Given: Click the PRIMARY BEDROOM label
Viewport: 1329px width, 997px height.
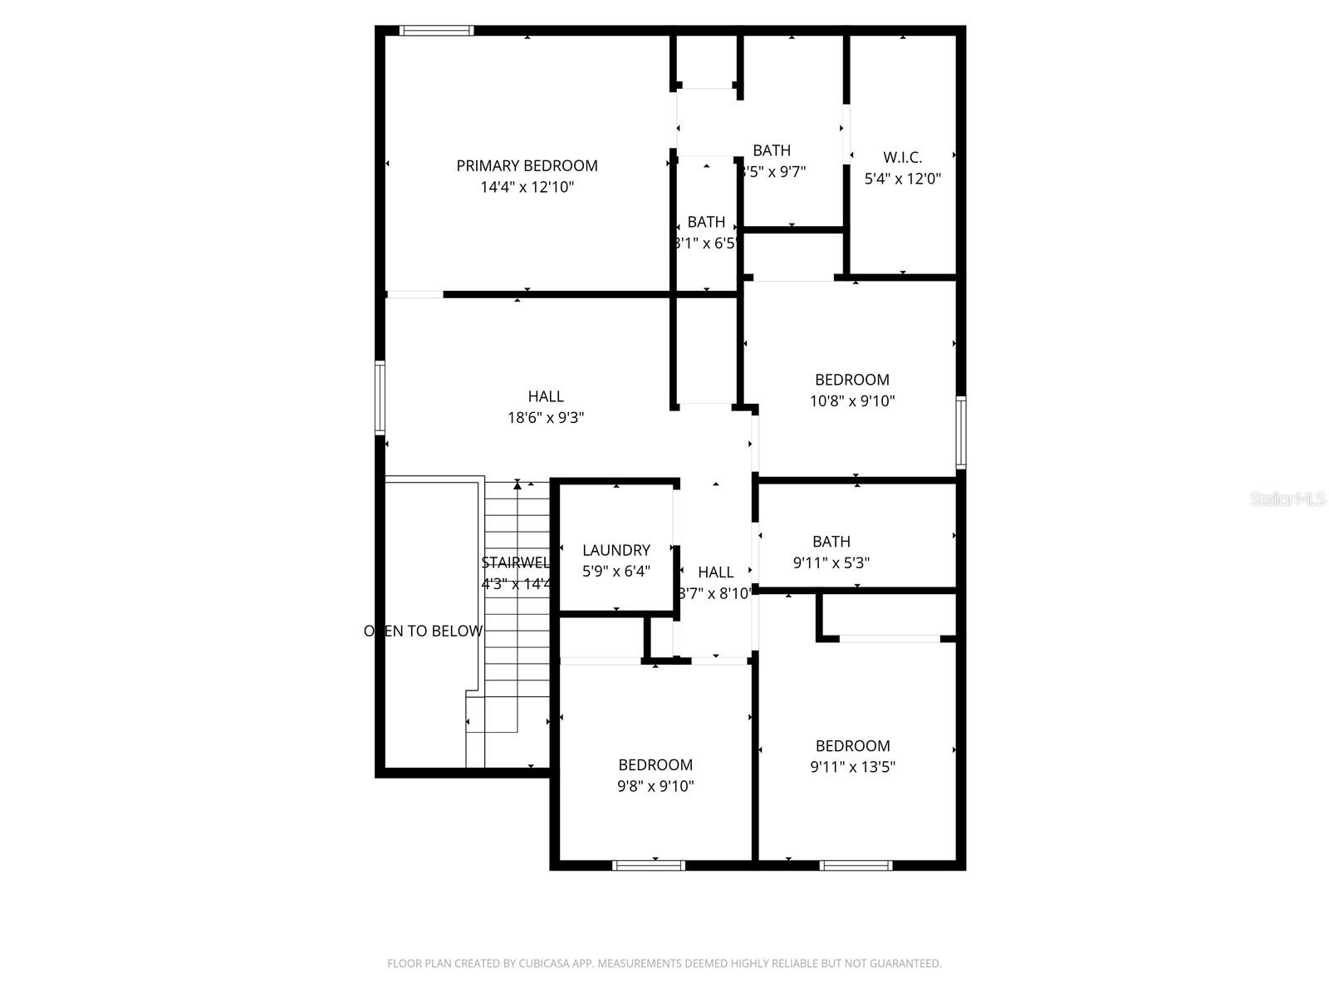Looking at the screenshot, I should [527, 165].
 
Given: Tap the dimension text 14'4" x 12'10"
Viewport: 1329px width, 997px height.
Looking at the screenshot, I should [527, 188].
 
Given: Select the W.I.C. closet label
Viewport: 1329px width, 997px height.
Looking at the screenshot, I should [902, 157].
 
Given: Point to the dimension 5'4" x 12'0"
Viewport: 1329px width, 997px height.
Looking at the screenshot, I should [902, 179].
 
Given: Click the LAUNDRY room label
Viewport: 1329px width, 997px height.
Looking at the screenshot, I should [615, 550].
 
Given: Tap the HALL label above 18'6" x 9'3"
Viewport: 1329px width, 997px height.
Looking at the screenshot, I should [546, 396].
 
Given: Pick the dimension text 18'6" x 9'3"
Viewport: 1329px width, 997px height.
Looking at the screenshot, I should [546, 418].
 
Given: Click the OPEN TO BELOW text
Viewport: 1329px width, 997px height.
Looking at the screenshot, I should [424, 631].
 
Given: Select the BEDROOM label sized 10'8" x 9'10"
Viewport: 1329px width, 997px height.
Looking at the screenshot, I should [851, 380].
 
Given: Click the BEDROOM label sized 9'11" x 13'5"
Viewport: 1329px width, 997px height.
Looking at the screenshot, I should [852, 746].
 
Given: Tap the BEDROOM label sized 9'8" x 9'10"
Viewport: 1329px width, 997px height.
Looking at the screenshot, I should [655, 765].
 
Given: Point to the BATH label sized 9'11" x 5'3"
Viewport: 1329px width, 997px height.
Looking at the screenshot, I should [831, 542].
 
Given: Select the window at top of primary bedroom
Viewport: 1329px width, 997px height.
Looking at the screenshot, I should [436, 31].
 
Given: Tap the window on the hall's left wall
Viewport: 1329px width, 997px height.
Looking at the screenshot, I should [380, 398].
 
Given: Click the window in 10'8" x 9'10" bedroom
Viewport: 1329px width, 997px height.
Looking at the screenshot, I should [960, 432].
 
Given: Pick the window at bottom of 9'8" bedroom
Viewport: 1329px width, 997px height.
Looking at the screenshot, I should [649, 866].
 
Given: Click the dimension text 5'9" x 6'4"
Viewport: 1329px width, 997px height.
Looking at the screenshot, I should [615, 572].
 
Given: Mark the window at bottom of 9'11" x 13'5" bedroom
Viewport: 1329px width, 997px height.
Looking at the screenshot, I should [856, 866].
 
